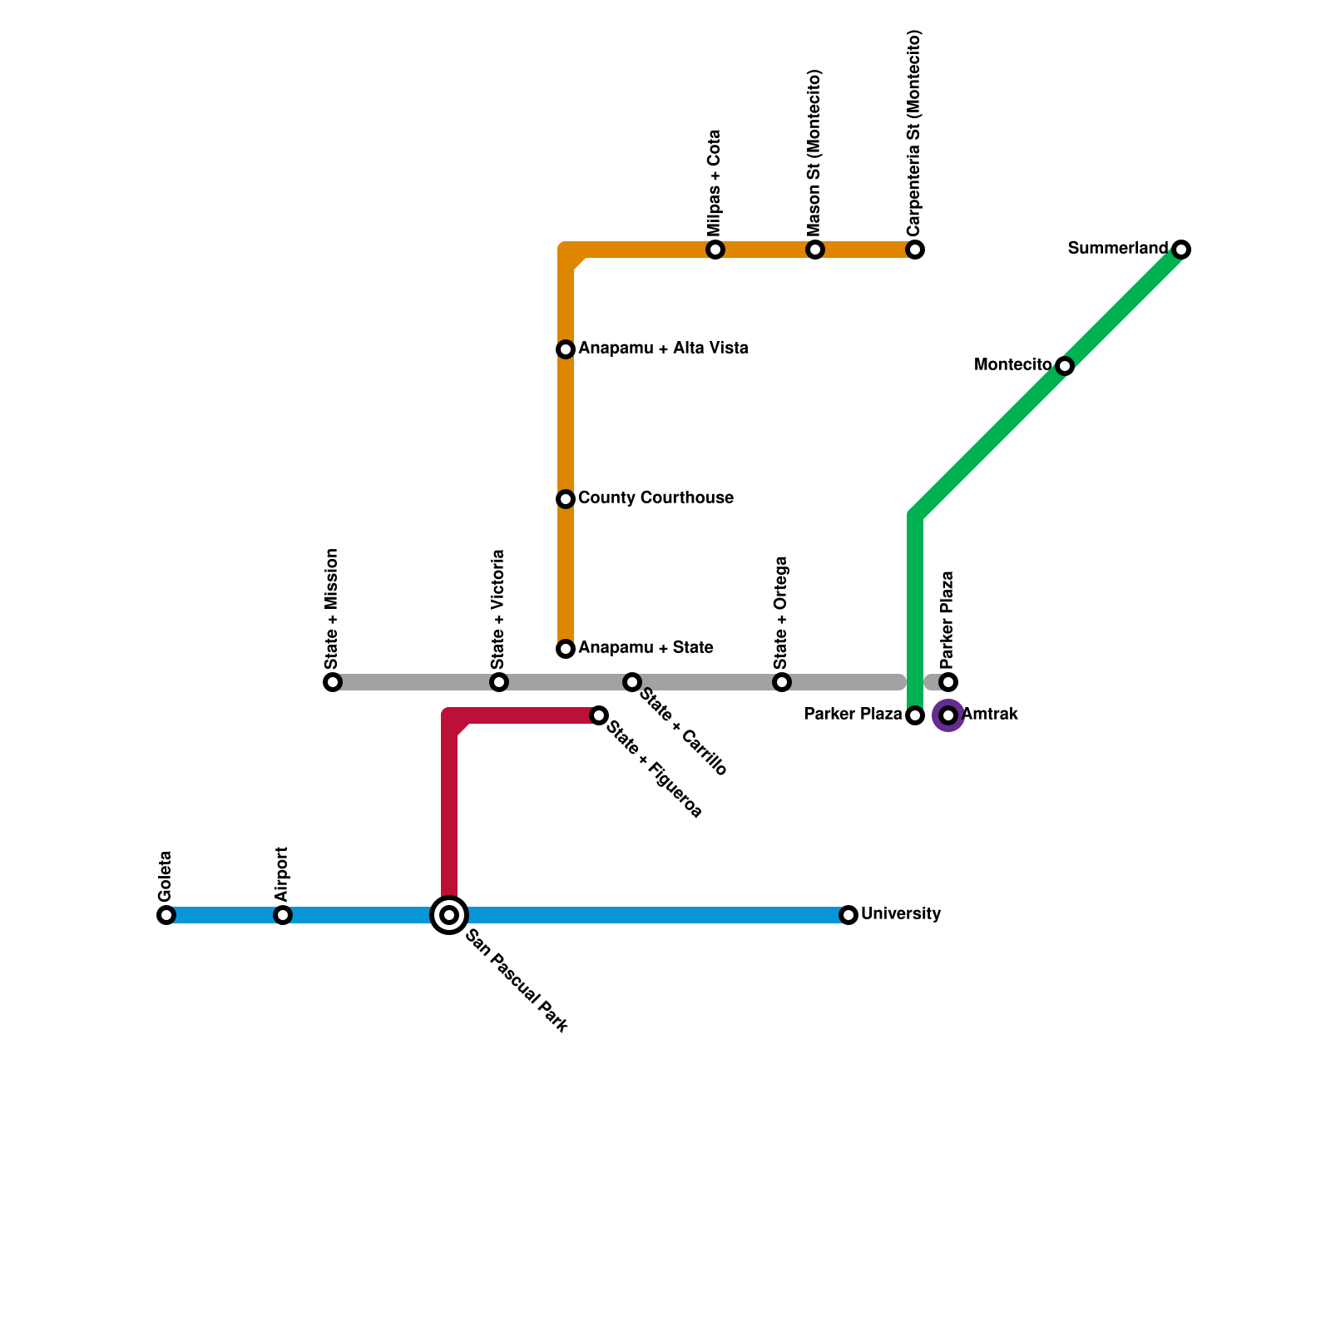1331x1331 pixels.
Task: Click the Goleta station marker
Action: click(166, 915)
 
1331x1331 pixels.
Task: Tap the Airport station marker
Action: click(283, 915)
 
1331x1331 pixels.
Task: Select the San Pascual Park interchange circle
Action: click(449, 915)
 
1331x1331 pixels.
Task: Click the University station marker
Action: click(849, 915)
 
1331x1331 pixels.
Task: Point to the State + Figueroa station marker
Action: click(599, 715)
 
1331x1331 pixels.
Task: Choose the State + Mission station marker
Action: click(333, 682)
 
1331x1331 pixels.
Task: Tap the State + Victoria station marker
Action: click(499, 682)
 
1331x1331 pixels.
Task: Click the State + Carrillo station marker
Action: click(632, 682)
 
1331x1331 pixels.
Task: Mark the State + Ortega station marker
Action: click(782, 682)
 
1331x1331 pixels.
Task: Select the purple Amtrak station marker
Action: click(948, 715)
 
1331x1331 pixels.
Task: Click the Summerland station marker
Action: click(1181, 250)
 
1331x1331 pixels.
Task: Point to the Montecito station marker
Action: click(1065, 366)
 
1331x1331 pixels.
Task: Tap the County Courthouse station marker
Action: click(566, 499)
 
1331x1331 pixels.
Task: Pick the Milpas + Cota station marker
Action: click(715, 250)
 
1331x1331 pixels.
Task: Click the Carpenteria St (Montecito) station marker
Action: click(915, 250)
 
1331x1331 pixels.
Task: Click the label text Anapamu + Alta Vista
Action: click(663, 349)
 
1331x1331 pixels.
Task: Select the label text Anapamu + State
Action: click(646, 648)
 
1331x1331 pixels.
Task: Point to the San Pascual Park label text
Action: click(517, 982)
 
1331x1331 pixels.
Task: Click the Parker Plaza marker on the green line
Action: click(915, 715)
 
